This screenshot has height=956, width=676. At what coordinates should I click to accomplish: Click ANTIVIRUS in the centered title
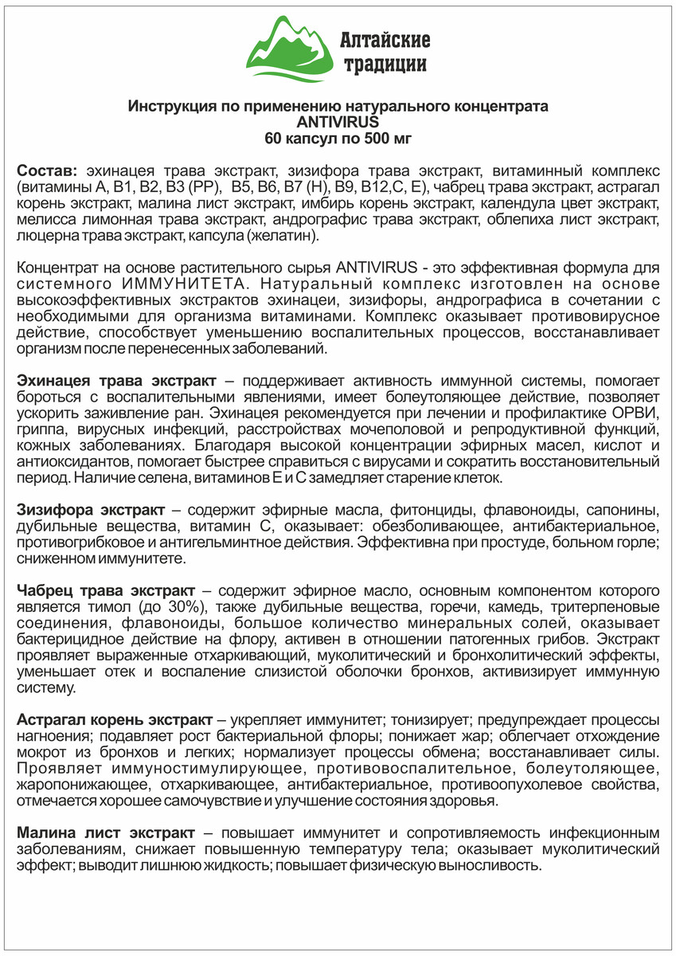tap(338, 122)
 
